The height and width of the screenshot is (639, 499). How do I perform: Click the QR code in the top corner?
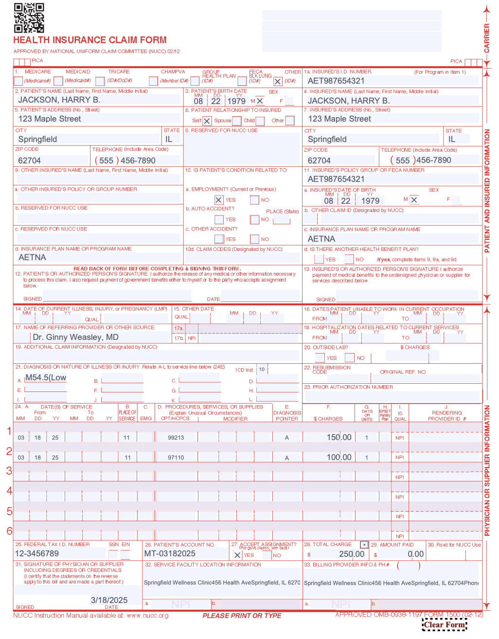coord(29,18)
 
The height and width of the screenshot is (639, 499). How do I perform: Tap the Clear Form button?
coord(444,625)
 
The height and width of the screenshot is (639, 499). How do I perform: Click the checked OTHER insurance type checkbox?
coord(278,82)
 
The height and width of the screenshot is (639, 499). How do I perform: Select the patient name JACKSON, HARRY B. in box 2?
coord(59,100)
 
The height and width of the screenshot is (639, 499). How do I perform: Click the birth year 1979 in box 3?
coord(236,101)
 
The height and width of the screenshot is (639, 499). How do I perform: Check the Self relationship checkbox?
coord(207,121)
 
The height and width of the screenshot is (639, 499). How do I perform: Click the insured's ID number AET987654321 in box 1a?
coord(336,81)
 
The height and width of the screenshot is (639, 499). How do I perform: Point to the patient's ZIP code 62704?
coord(30,160)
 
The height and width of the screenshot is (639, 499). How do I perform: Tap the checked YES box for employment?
coord(219,200)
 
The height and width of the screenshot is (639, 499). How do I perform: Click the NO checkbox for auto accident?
coord(254,220)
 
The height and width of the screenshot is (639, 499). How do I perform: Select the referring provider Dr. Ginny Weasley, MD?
coord(75,337)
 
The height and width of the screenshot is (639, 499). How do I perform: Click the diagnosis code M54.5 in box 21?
coord(46,378)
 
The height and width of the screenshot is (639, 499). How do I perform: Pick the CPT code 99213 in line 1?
coord(176,438)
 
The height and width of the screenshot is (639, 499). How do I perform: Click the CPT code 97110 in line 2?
coord(176,458)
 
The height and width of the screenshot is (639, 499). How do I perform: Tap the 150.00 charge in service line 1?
coord(339,437)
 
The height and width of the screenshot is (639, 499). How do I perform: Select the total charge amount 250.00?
coord(352,554)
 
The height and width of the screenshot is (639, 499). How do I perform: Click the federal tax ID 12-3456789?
coord(37,553)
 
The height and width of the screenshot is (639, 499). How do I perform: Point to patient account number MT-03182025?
coord(170,553)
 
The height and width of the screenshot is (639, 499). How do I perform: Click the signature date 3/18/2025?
coord(109,600)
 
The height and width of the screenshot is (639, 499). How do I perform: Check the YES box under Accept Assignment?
coord(237,555)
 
